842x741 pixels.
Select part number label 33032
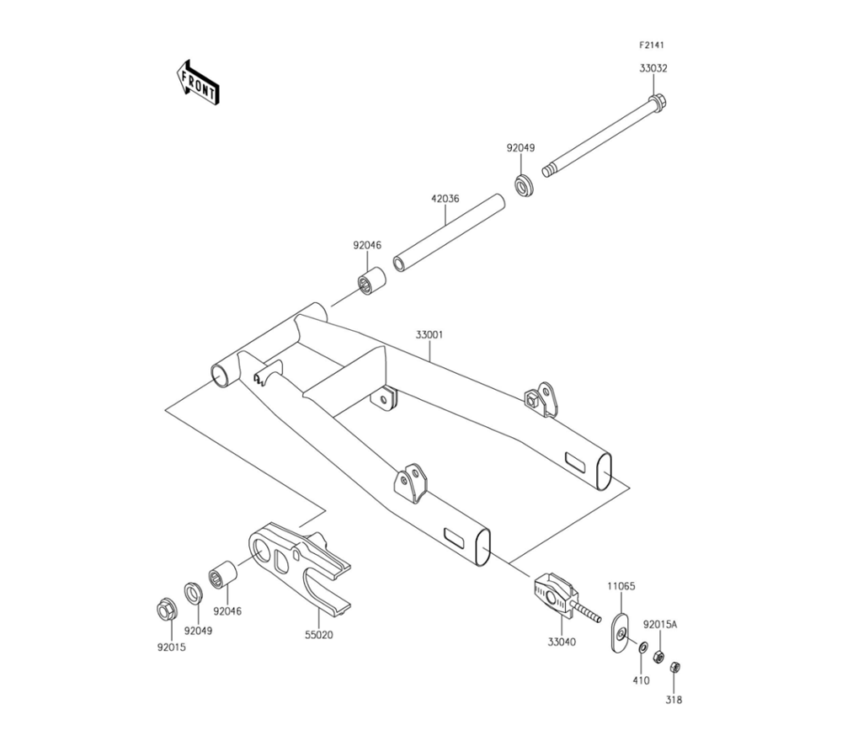(653, 68)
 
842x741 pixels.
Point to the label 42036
(446, 200)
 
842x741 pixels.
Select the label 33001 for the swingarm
(429, 334)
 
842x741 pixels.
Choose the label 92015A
(660, 625)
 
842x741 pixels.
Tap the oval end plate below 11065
(619, 632)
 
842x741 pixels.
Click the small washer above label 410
(642, 648)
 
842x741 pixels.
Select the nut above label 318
(674, 667)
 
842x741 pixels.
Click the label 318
(674, 700)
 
